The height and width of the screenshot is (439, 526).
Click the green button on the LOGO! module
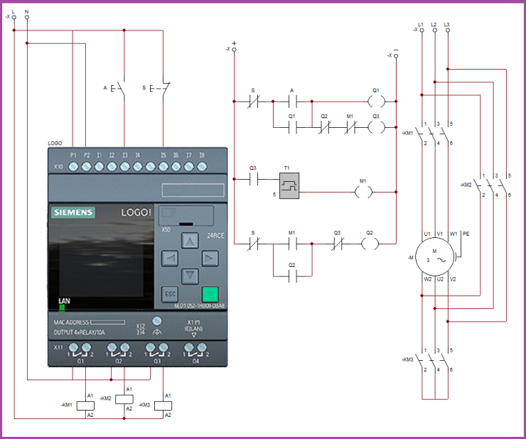point(209,294)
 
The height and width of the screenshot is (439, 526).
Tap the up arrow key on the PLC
point(189,242)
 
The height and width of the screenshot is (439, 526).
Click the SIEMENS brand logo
point(73,212)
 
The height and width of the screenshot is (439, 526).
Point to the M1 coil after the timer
point(363,192)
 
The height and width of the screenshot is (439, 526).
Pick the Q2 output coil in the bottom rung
point(369,243)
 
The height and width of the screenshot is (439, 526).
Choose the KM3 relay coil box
point(163,405)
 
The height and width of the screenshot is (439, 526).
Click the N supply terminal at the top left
point(27,17)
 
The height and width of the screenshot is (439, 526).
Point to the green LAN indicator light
point(62,308)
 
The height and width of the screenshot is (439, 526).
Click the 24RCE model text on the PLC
point(215,234)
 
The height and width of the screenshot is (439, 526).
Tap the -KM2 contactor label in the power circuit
point(466,185)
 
